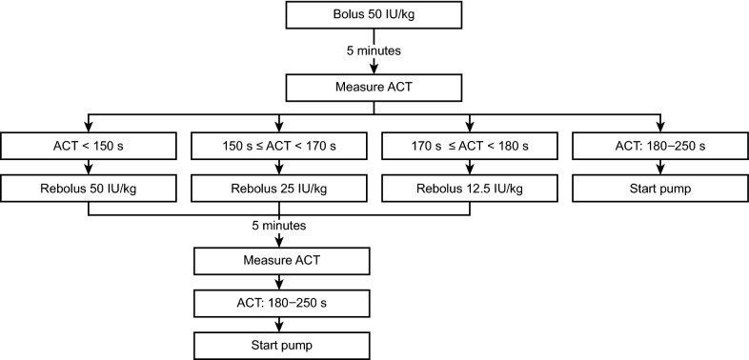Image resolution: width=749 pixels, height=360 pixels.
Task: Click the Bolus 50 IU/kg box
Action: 374,16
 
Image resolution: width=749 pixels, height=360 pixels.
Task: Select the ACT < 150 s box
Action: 88,148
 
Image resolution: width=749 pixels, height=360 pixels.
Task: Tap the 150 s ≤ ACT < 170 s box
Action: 278,148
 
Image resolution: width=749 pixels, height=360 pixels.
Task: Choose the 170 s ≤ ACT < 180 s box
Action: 469,148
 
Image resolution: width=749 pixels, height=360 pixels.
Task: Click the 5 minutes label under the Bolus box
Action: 374,49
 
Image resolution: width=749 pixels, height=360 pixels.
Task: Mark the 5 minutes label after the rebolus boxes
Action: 279,227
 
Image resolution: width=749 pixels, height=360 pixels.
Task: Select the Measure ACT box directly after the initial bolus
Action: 374,89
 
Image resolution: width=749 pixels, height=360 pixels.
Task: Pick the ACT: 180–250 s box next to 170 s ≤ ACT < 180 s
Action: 659,148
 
